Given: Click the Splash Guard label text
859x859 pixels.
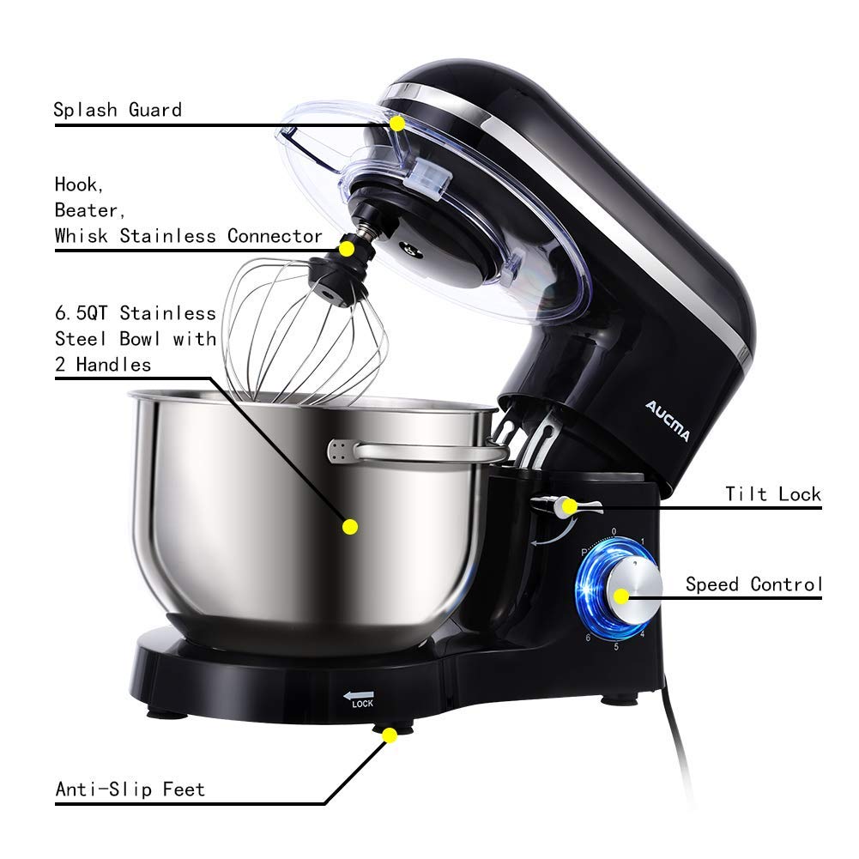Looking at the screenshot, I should [x=118, y=110].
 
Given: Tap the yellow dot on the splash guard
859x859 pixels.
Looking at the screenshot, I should [x=397, y=124].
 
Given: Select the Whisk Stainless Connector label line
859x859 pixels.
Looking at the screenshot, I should [x=189, y=236].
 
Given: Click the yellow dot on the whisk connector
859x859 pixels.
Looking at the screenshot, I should [x=347, y=249].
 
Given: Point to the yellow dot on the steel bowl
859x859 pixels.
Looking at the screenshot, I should [x=349, y=526].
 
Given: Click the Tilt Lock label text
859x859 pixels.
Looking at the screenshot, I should [x=772, y=494].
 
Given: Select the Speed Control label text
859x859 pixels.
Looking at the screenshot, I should [x=753, y=584].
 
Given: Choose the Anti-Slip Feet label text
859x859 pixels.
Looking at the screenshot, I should [x=130, y=789].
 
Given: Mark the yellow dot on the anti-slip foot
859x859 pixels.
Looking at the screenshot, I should [x=390, y=735].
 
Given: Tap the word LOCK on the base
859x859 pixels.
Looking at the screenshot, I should [x=361, y=705].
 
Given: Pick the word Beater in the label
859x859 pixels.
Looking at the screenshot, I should [x=86, y=209].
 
